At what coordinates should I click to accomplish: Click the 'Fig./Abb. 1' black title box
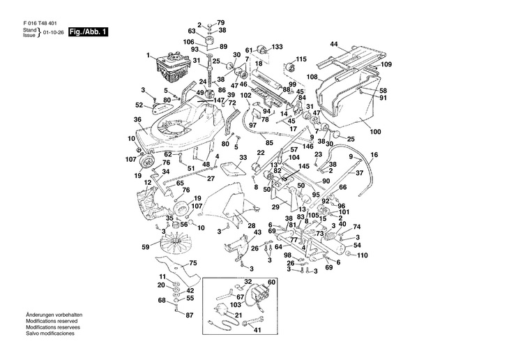point(88,32)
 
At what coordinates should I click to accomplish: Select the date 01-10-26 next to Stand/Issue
point(53,33)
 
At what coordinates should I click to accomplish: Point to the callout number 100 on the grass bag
point(375,132)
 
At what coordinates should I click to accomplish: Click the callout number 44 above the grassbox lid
point(334,44)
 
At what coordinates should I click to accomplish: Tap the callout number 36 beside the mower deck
point(137,119)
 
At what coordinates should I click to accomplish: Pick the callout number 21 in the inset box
point(238,315)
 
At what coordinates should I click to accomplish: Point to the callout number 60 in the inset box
point(271,283)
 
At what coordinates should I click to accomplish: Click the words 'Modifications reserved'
point(52,321)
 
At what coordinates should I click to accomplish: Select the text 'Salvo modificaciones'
point(50,333)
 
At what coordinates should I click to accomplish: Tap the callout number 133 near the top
point(277,47)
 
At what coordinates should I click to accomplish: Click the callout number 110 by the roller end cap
point(363,255)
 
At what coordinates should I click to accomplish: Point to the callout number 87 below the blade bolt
point(189,315)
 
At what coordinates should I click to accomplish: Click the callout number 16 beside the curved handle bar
point(374,155)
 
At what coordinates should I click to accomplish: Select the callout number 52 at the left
point(139,105)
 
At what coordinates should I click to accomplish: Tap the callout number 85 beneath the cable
point(269,142)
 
